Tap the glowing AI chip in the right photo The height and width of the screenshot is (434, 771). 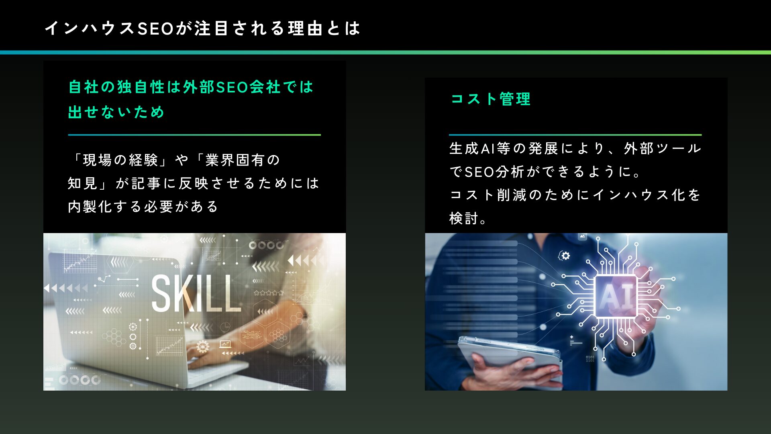[x=615, y=297]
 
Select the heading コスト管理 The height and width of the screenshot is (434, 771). [x=490, y=99]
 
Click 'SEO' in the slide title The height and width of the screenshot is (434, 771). [x=155, y=29]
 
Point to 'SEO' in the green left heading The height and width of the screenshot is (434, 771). [x=232, y=87]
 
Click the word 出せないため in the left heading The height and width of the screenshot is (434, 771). [x=116, y=112]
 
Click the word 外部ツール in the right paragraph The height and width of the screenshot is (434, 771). [x=662, y=149]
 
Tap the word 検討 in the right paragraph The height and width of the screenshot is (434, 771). [x=464, y=219]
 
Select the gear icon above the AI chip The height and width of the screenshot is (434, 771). [x=565, y=256]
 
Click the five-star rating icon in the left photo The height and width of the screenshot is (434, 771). [x=268, y=293]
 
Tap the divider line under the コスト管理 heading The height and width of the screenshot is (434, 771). [x=575, y=135]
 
